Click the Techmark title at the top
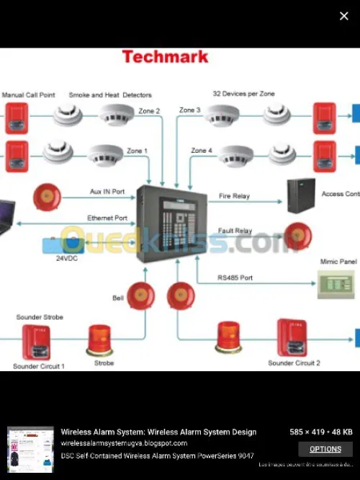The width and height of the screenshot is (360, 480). [165, 57]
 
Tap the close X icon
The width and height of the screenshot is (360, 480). [343, 16]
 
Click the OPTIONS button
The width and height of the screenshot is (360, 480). [325, 449]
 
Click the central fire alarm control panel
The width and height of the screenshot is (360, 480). [171, 223]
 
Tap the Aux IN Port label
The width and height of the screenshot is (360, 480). [107, 192]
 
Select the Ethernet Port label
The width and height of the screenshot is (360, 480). [107, 218]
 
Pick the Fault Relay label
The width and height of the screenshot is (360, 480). [235, 231]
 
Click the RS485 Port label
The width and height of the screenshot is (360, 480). [235, 277]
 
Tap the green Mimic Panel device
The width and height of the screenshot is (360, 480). [336, 284]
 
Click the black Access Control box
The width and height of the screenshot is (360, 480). [301, 195]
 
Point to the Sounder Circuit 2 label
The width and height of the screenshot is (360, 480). [294, 363]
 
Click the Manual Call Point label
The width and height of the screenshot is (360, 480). [28, 95]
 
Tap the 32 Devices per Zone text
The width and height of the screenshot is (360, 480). [243, 94]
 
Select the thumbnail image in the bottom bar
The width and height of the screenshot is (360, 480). [30, 449]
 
